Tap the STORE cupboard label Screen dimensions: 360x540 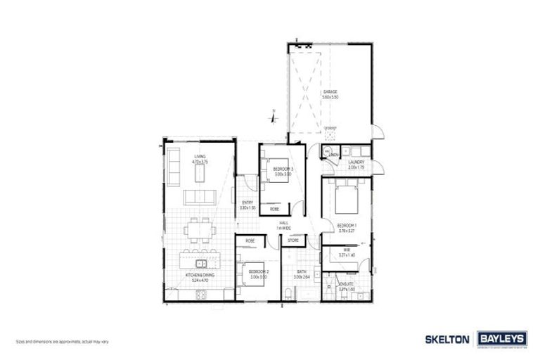click(293, 241)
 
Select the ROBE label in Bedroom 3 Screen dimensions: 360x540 click(274, 210)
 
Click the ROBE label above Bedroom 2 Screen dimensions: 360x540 click(250, 241)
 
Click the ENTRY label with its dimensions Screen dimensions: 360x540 click(246, 205)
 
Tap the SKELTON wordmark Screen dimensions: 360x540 click(447, 339)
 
